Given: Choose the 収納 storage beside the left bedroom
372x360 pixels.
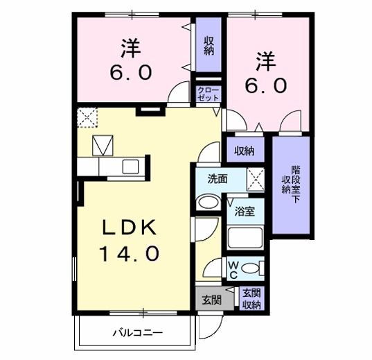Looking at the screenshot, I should pos(208,46).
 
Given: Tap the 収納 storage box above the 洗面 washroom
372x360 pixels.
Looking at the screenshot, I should pos(243,151).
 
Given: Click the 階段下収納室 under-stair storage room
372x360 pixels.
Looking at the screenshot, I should pos(290,184).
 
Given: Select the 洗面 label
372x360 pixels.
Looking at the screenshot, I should pos(218,178).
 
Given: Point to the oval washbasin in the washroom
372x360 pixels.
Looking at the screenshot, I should pos(208,203).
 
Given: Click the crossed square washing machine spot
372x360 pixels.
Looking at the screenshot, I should pos(255,180).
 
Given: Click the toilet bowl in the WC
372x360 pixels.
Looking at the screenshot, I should pos(251,268).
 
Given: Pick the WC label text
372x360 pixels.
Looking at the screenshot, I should pos(233,269).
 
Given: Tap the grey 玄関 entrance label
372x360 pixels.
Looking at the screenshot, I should pos(211,300).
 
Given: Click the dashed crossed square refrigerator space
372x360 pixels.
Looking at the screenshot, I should pos(87,117).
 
